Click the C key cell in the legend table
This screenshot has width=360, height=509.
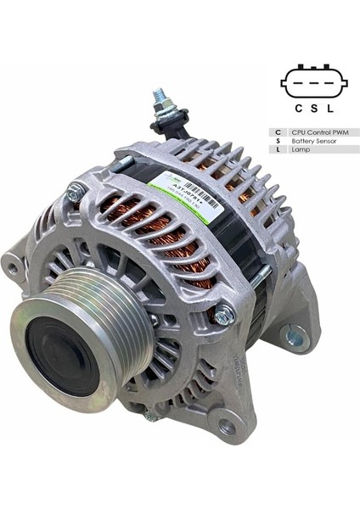278,132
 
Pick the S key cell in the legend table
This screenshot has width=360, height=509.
278,141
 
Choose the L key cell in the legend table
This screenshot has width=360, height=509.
278,149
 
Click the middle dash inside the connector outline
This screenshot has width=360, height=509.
314,83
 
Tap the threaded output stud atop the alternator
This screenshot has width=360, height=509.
160,102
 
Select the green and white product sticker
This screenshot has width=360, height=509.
182,197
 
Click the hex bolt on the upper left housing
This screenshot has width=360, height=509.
76,193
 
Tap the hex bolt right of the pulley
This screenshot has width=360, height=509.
223,316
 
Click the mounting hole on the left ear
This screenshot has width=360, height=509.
12,267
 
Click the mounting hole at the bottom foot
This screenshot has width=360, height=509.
226,426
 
